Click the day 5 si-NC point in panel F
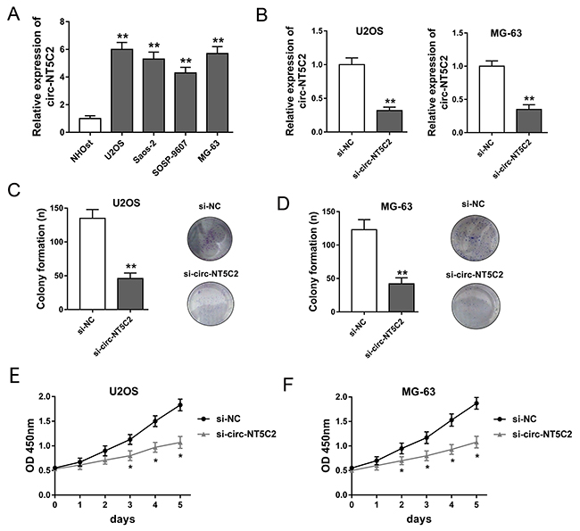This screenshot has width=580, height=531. tap(475, 403)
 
